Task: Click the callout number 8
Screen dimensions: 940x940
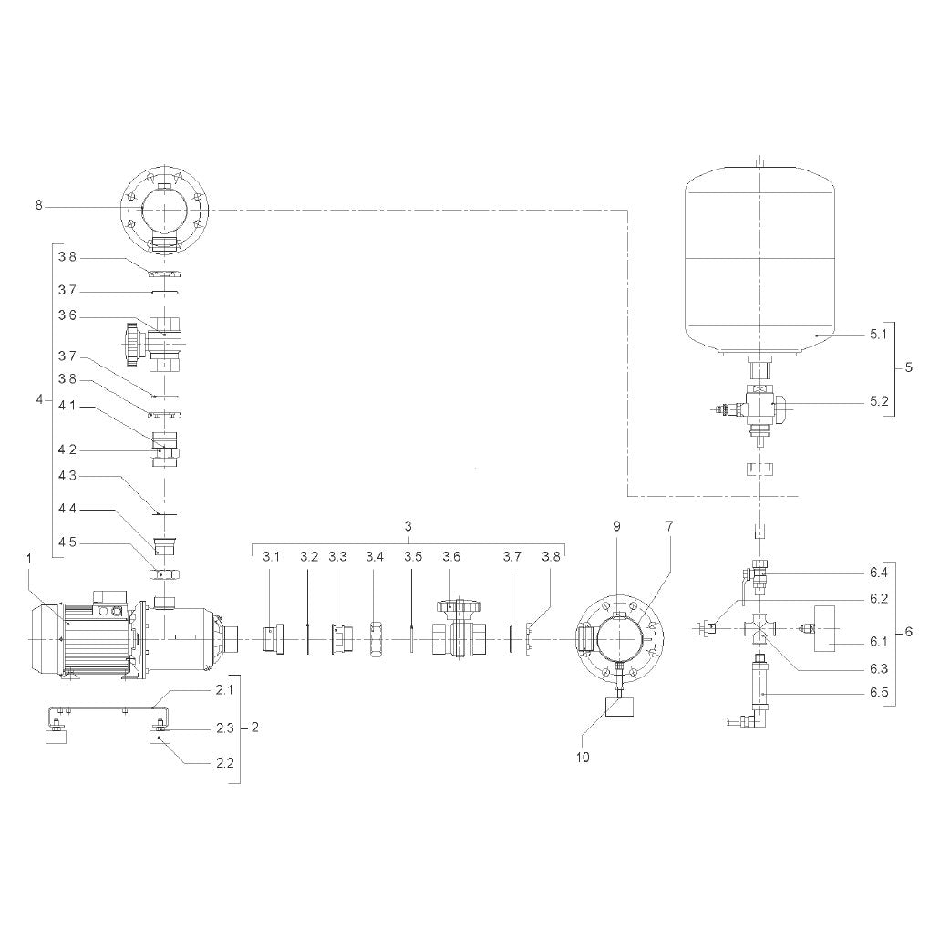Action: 39,206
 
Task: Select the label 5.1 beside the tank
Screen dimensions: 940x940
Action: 878,335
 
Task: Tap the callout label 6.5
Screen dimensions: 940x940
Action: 879,693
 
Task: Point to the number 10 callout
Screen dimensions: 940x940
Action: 583,757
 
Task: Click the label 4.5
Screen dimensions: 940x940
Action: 67,543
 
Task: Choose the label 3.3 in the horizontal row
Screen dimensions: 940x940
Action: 337,557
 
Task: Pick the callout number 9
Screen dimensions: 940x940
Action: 616,526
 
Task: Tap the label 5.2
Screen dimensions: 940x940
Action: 879,401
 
